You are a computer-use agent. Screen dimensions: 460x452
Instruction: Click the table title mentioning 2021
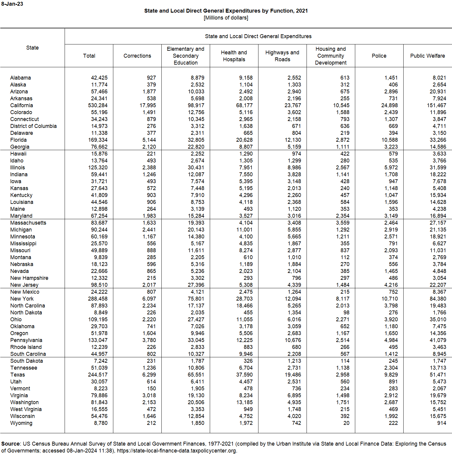point(226,11)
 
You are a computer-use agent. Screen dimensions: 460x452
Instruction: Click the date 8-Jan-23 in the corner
point(12,4)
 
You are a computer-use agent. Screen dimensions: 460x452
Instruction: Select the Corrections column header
point(137,56)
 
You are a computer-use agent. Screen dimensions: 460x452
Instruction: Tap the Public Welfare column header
point(427,56)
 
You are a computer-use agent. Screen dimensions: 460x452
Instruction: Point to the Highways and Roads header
point(282,56)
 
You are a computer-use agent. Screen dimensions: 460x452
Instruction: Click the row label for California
point(22,105)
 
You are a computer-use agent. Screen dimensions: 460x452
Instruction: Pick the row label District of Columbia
point(33,126)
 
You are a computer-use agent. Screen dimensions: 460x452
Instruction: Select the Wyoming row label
point(21,423)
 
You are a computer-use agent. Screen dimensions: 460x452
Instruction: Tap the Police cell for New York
point(389,299)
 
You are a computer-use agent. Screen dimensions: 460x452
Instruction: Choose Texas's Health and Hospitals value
point(244,375)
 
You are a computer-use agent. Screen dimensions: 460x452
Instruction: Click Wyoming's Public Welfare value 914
point(441,423)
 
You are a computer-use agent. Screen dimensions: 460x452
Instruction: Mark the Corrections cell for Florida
point(149,140)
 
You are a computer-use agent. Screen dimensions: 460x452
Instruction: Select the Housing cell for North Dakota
point(346,313)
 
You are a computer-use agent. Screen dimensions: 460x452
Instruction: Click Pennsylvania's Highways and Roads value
point(293,340)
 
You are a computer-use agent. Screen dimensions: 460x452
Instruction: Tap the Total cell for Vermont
point(101,389)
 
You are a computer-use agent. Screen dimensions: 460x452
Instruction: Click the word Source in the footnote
point(11,444)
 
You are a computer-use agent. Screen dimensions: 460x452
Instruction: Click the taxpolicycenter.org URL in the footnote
point(177,451)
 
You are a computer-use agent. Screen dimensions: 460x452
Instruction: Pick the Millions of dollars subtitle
point(226,18)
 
